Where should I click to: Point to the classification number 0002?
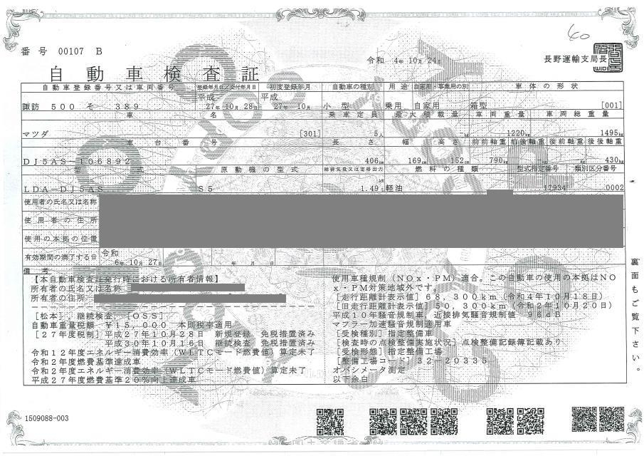611,189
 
